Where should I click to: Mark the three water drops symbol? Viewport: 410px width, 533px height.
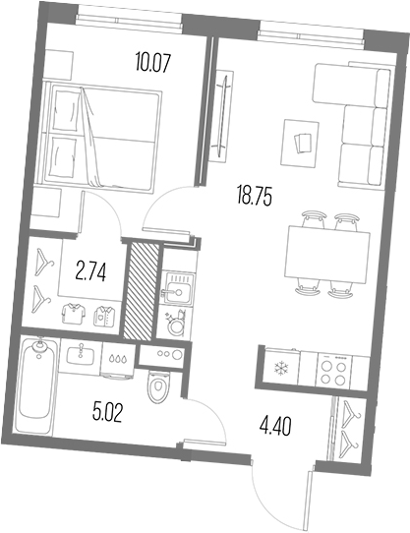tap(118, 360)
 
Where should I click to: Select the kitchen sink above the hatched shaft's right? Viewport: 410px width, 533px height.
tap(180, 289)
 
